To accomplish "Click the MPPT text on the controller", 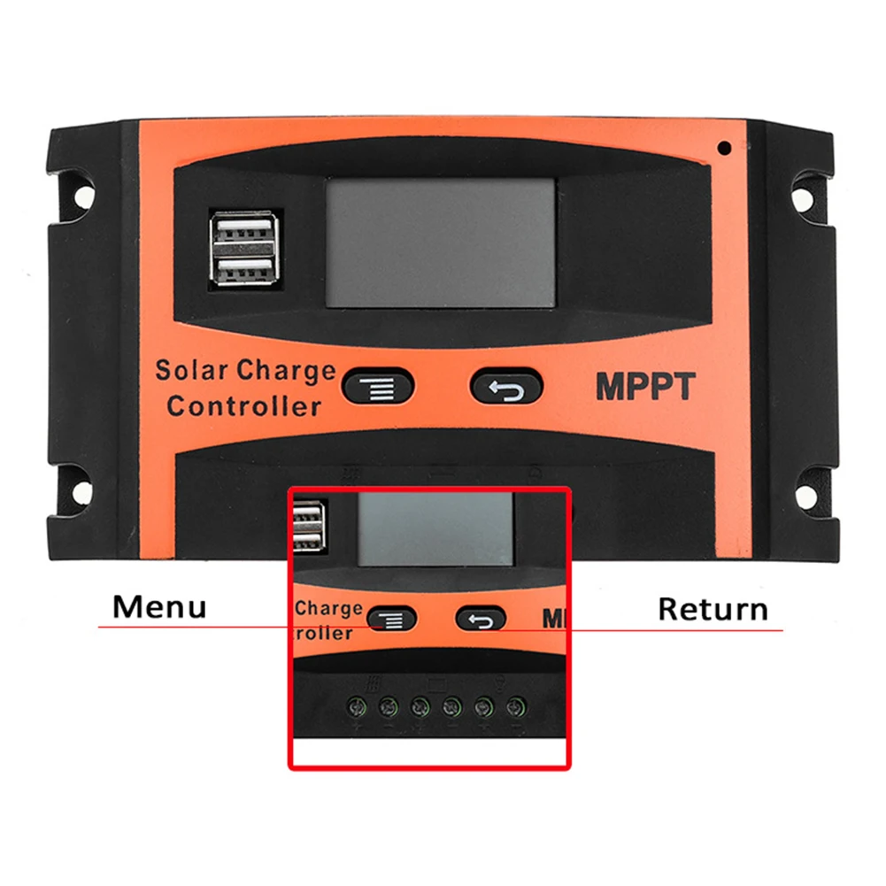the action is point(645,387).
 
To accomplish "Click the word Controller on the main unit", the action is point(243,407).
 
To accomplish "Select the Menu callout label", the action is point(159,608).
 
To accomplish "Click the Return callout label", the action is point(713,610).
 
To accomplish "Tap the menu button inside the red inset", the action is point(391,618).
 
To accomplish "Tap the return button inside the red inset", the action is point(481,619).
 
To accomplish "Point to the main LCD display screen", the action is point(441,242).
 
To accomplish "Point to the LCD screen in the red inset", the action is point(435,529).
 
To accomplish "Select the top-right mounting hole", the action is point(807,192).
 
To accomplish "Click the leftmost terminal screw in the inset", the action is point(356,707).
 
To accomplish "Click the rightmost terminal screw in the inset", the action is point(515,707).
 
